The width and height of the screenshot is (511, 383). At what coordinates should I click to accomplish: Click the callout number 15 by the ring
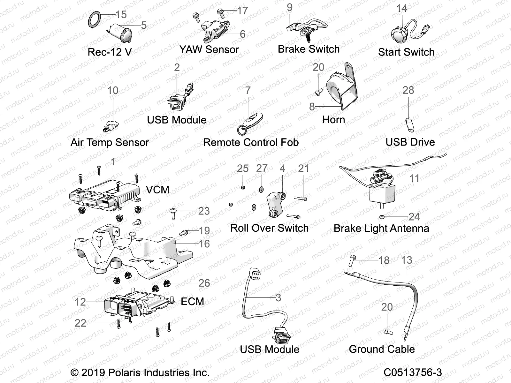coord(121,15)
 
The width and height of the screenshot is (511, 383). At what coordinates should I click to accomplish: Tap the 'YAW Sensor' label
coord(209,49)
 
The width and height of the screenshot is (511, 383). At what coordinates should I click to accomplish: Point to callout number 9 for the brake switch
coord(289,7)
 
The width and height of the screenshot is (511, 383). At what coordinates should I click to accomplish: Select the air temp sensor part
coord(111,125)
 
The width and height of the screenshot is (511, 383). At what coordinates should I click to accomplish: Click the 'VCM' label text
coord(157,190)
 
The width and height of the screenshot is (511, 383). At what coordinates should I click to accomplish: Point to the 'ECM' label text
coord(192,301)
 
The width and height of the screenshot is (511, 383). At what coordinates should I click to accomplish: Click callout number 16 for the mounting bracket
coord(204,244)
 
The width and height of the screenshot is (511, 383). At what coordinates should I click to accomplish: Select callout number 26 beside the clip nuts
coord(204,283)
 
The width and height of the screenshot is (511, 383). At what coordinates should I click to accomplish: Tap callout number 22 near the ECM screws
coord(80,323)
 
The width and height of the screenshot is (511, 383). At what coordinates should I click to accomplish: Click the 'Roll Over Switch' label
coord(269,228)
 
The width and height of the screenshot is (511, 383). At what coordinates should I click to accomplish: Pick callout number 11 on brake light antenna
coord(415,178)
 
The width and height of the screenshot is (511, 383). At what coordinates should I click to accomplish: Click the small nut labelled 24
coord(382,217)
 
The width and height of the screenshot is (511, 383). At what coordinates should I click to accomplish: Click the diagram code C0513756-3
coord(413,372)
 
